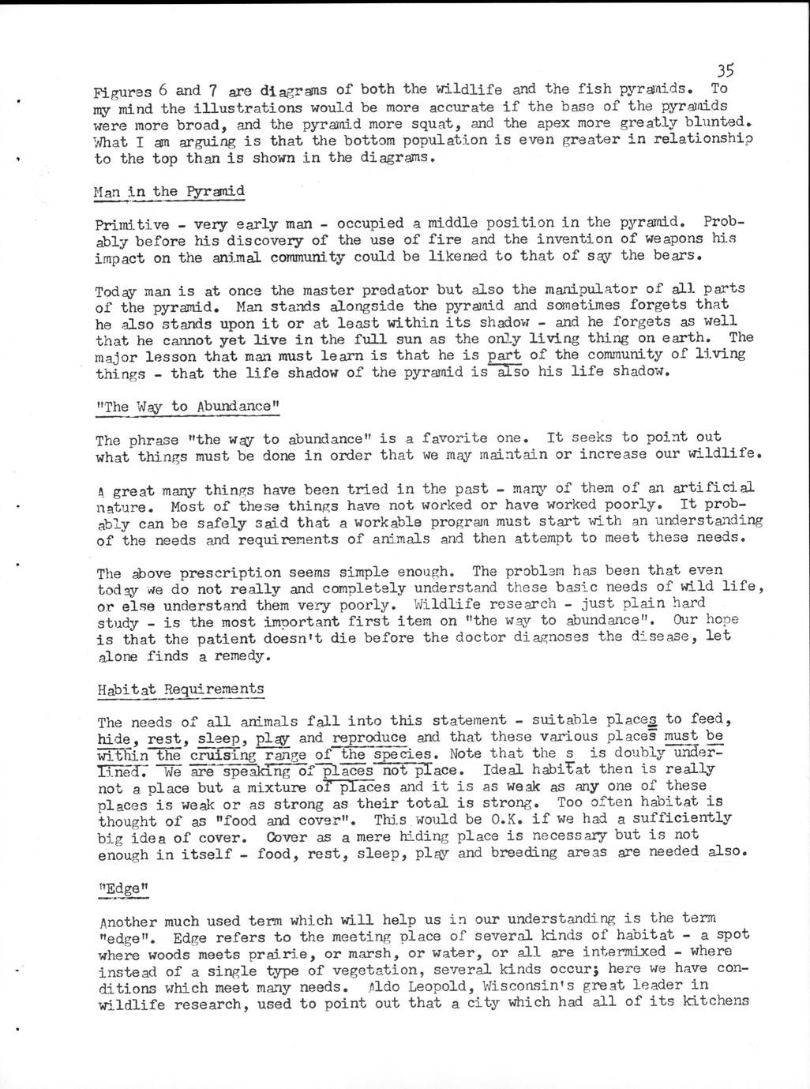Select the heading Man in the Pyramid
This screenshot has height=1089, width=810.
coord(169,192)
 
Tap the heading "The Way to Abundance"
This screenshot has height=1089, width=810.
coord(188,407)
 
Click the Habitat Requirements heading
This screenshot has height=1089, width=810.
coord(181,689)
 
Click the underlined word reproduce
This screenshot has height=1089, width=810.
coord(369,738)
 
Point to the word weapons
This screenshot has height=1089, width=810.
coord(661,238)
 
